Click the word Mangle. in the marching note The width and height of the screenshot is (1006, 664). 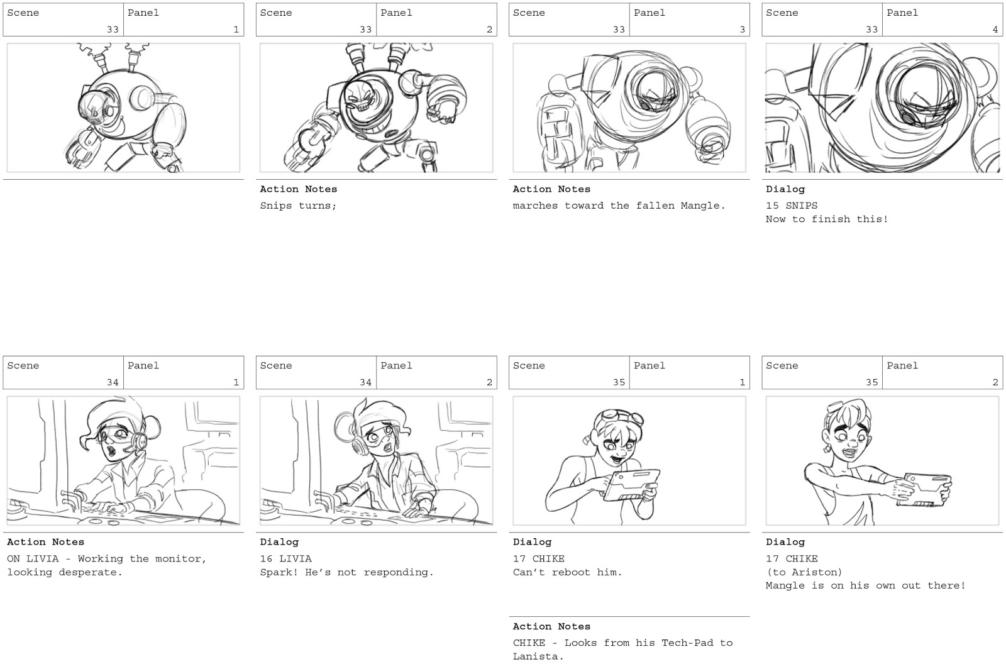703,206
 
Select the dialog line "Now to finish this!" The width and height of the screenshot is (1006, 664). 826,219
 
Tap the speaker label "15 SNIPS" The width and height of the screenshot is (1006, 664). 792,206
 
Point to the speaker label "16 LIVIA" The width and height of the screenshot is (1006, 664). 285,558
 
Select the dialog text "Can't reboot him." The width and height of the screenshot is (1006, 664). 567,572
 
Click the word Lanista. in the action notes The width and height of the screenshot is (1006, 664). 538,656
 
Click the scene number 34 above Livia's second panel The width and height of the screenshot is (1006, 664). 365,382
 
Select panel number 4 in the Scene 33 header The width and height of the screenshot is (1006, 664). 995,30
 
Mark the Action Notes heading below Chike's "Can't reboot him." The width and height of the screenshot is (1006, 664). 551,626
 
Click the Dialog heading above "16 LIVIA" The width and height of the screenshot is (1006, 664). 279,542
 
